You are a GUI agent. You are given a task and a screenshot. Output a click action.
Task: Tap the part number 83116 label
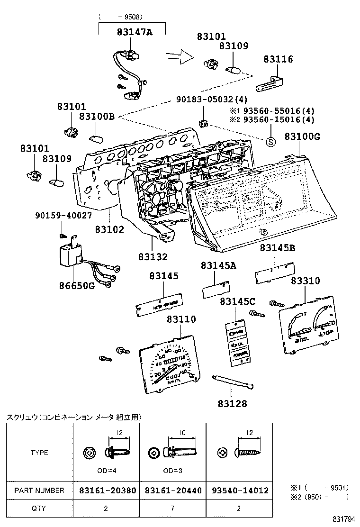click(278, 60)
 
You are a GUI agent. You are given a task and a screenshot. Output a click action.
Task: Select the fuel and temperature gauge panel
click(308, 327)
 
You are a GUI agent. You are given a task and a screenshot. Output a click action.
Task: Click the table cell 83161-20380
click(106, 490)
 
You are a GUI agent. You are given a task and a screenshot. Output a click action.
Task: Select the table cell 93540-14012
click(239, 490)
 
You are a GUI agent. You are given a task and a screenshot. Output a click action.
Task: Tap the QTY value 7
click(172, 509)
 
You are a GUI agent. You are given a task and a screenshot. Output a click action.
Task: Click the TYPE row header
click(39, 452)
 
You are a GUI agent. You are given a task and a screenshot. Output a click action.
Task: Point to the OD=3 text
click(172, 472)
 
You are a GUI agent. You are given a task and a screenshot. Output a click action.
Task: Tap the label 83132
click(153, 256)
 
